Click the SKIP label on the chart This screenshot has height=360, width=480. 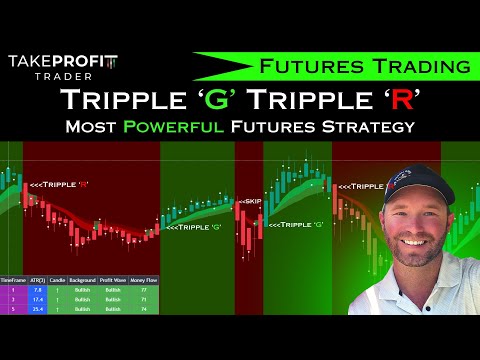point(249,200)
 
